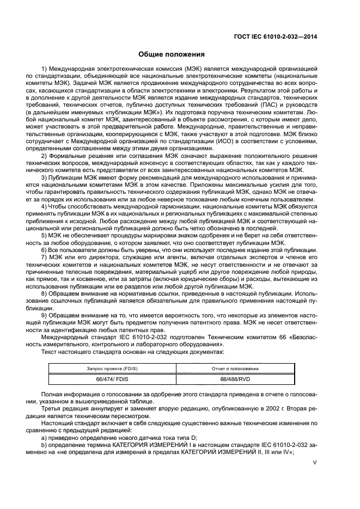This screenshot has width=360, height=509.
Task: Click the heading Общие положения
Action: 172,54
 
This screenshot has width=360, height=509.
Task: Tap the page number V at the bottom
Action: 314,464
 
